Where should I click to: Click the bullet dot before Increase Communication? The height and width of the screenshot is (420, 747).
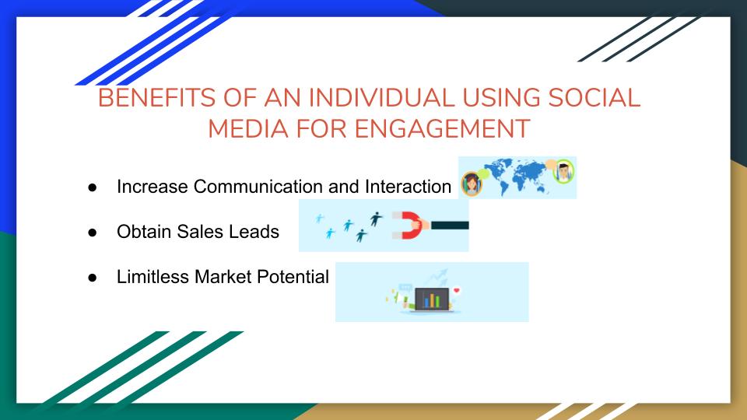(91, 187)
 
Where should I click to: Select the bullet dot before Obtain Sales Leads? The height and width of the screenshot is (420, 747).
(91, 232)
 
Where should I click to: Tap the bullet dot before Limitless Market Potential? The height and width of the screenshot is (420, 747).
(91, 277)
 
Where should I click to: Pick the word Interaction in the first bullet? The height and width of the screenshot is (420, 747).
(406, 187)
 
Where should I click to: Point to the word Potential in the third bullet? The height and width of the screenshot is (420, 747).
(298, 277)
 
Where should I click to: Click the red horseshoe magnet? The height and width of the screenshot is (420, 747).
(405, 225)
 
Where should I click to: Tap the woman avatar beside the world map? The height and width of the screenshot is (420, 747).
(471, 184)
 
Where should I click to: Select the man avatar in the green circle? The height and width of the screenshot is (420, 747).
(563, 172)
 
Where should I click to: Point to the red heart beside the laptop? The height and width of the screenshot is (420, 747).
(457, 291)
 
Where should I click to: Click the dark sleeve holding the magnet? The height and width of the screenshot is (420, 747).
(449, 225)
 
